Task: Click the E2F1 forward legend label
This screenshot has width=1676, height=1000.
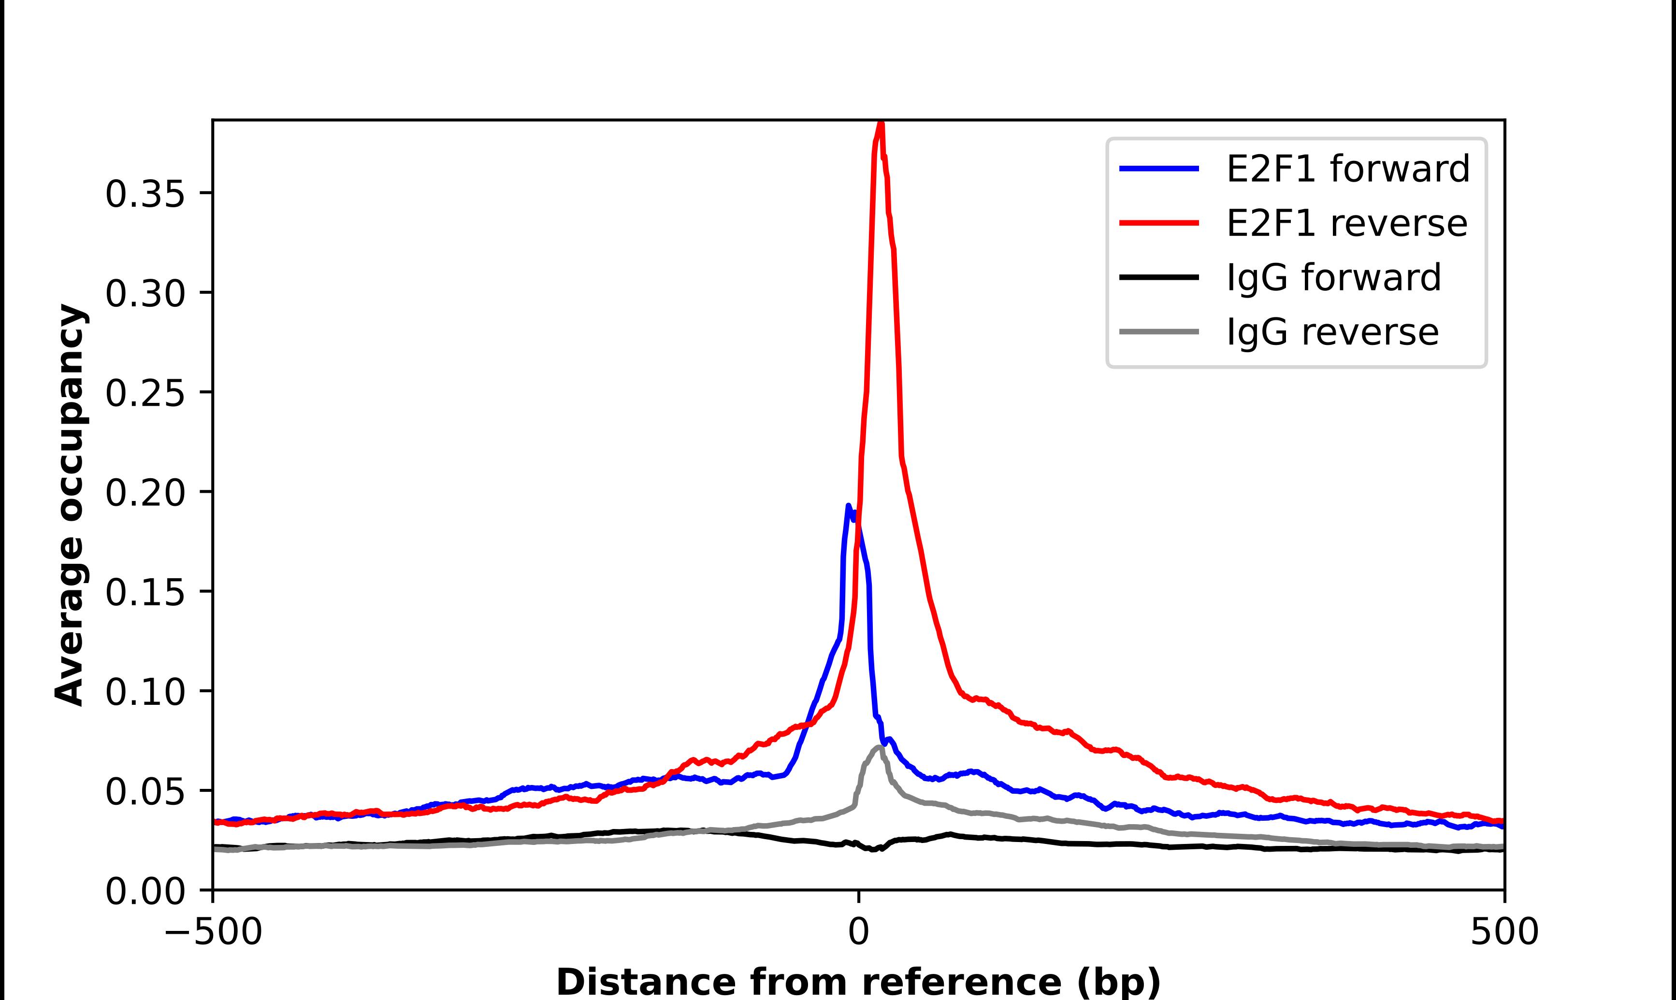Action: tap(1348, 169)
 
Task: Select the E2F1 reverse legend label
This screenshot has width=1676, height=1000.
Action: tap(1346, 223)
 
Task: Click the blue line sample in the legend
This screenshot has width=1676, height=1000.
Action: tap(1159, 169)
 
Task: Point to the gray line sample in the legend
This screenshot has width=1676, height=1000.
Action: tap(1159, 331)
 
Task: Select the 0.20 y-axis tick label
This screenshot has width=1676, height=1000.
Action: tap(145, 493)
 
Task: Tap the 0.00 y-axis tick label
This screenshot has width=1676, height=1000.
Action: tap(145, 891)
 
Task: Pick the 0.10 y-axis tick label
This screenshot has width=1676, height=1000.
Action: tap(145, 692)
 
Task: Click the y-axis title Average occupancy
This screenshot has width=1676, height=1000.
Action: tap(70, 505)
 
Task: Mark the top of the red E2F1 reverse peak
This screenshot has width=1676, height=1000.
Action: tap(880, 123)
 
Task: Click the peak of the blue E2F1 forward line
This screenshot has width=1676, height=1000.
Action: tap(848, 505)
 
